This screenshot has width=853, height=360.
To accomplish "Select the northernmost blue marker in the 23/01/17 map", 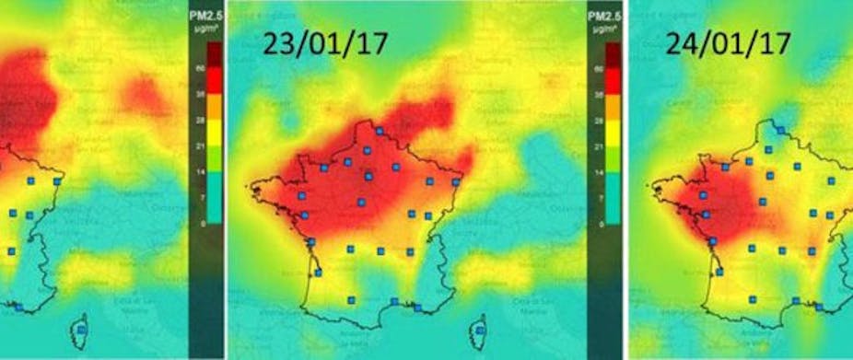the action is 379,131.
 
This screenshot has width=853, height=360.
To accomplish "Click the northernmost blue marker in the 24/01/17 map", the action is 780,131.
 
